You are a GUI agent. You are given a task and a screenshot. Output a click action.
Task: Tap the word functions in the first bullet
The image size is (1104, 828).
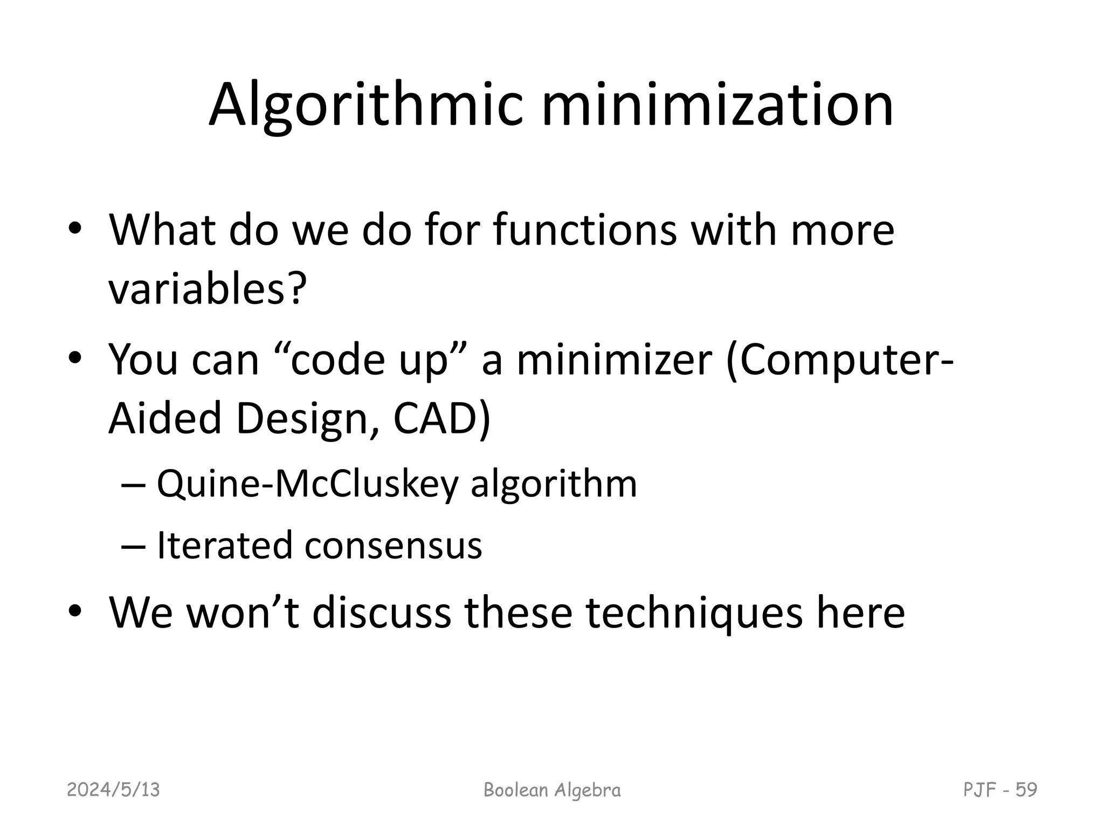pyautogui.click(x=584, y=231)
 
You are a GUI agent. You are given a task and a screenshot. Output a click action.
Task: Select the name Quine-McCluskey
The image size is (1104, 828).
pyautogui.click(x=307, y=484)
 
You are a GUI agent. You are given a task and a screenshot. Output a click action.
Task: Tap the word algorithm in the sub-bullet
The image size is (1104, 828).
pyautogui.click(x=554, y=484)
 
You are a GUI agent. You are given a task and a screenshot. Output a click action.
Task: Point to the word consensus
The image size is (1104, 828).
pyautogui.click(x=393, y=545)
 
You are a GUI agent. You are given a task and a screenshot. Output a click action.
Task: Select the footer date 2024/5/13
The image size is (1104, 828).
pyautogui.click(x=114, y=790)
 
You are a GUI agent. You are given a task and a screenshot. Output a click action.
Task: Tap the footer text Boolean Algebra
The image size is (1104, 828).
pyautogui.click(x=552, y=790)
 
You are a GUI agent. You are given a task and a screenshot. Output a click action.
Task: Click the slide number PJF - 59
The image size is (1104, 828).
pyautogui.click(x=1000, y=790)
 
